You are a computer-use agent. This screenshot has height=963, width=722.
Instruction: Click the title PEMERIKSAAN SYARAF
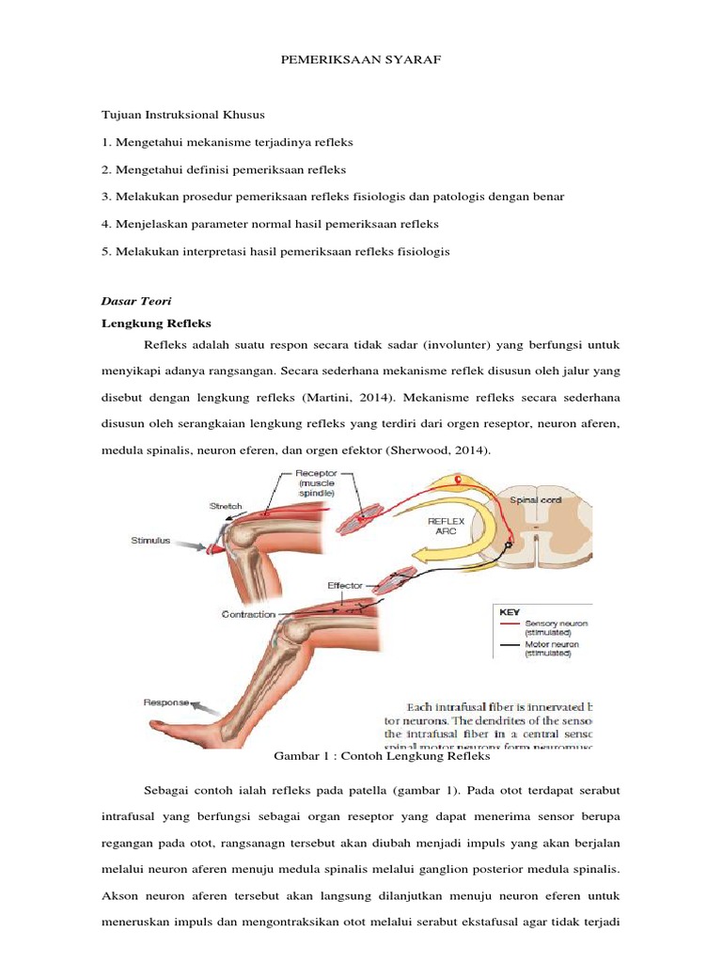tap(361, 59)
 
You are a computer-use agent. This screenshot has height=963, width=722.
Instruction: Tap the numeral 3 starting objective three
tap(104, 197)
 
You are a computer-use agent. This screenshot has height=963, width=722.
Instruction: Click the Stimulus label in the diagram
tap(150, 541)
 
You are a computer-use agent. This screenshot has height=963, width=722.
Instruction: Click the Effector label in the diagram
tap(345, 585)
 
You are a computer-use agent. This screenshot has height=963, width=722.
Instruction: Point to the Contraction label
tap(248, 615)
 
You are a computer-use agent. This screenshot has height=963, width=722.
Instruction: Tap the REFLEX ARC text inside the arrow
tap(446, 525)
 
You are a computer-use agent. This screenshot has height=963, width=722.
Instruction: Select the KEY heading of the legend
tap(511, 610)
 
